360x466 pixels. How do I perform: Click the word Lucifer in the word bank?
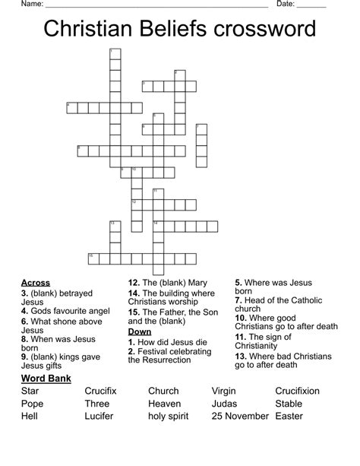[99, 416]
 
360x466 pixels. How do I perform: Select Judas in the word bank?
[225, 404]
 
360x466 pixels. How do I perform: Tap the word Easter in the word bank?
[289, 416]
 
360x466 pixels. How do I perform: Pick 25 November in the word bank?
[240, 416]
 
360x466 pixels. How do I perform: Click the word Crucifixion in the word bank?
[298, 391]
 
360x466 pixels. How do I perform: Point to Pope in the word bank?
[33, 404]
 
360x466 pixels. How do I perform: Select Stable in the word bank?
[289, 404]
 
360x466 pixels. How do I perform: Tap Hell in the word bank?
[30, 416]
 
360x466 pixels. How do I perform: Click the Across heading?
[36, 283]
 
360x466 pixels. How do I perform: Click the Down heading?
[140, 331]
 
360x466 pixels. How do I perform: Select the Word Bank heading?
[46, 378]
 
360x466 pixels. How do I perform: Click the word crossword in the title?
[265, 30]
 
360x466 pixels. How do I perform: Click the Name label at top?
[31, 5]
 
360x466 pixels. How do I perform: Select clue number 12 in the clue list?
[133, 283]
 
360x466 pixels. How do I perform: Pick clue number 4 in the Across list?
[24, 311]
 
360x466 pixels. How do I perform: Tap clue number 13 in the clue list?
[240, 355]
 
